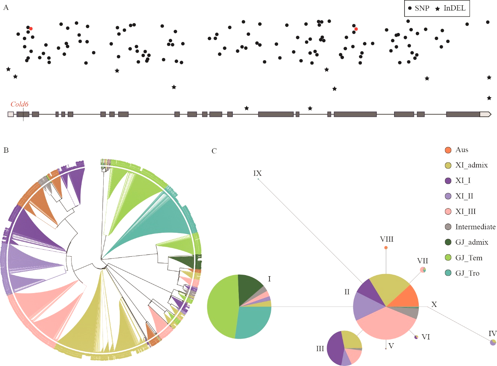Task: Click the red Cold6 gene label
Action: click(x=19, y=104)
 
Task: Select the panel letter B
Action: click(x=6, y=150)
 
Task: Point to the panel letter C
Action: click(x=214, y=151)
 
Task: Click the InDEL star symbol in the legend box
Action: click(x=437, y=9)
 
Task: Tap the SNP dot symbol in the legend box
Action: click(x=410, y=8)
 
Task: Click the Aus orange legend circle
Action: click(x=448, y=150)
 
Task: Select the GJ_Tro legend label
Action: click(x=467, y=273)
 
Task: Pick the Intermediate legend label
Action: click(x=475, y=227)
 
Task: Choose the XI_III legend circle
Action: click(x=448, y=212)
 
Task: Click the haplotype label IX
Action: click(x=257, y=173)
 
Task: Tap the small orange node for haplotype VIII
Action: click(x=386, y=248)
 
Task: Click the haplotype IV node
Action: click(x=493, y=342)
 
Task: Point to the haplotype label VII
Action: click(x=423, y=261)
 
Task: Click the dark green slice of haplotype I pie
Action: click(x=251, y=286)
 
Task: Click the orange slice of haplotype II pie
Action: click(x=409, y=298)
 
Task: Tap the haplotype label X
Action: click(x=434, y=305)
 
